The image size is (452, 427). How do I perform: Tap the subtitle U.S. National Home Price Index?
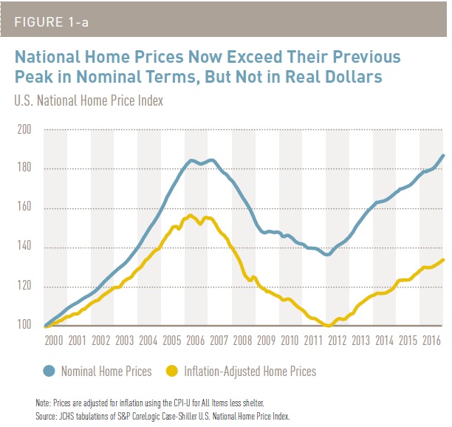(89, 100)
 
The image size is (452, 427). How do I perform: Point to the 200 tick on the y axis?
(24, 130)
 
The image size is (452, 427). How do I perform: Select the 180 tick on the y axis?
(24, 169)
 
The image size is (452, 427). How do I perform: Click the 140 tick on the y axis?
(24, 247)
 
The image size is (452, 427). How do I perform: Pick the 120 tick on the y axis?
(24, 287)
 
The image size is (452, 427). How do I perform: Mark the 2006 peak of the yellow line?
(191, 215)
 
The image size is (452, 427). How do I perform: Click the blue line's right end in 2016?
(443, 155)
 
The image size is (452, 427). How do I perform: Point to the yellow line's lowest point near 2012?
(327, 325)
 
